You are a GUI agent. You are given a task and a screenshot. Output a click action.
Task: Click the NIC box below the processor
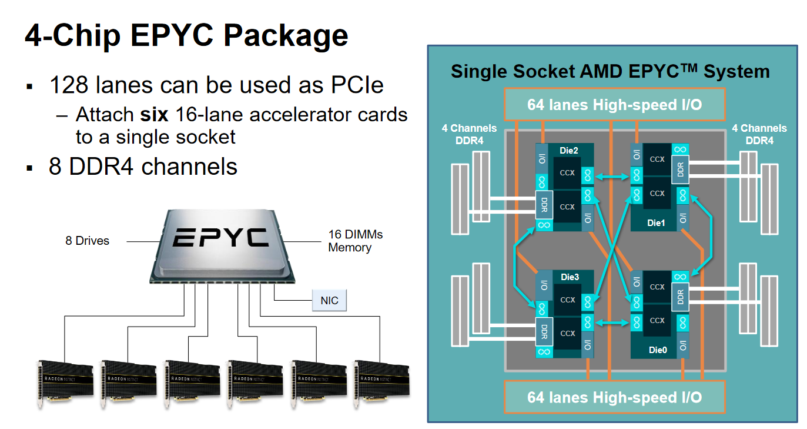pos(329,300)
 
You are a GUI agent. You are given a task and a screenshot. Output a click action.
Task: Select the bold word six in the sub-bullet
pos(154,114)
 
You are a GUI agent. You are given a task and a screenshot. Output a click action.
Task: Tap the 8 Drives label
pos(87,241)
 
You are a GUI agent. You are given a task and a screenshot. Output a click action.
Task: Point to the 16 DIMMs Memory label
pos(355,241)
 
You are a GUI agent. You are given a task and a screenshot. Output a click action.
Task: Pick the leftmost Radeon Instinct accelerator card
pos(65,382)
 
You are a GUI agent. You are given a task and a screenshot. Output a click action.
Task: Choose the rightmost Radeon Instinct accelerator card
pos(382,382)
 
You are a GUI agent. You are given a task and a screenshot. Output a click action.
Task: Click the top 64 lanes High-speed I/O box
pos(614,105)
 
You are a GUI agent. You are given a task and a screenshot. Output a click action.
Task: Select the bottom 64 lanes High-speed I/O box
pos(614,397)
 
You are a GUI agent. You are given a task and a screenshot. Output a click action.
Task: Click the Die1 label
pos(657,223)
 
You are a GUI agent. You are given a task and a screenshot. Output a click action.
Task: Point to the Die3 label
pos(570,277)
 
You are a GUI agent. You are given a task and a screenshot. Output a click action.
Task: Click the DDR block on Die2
pos(544,204)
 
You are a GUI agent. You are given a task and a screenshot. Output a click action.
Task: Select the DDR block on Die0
pos(680,297)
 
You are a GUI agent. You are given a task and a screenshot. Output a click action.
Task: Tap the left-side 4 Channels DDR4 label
pos(469,134)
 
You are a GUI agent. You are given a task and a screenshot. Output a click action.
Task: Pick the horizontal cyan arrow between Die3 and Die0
pos(612,322)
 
